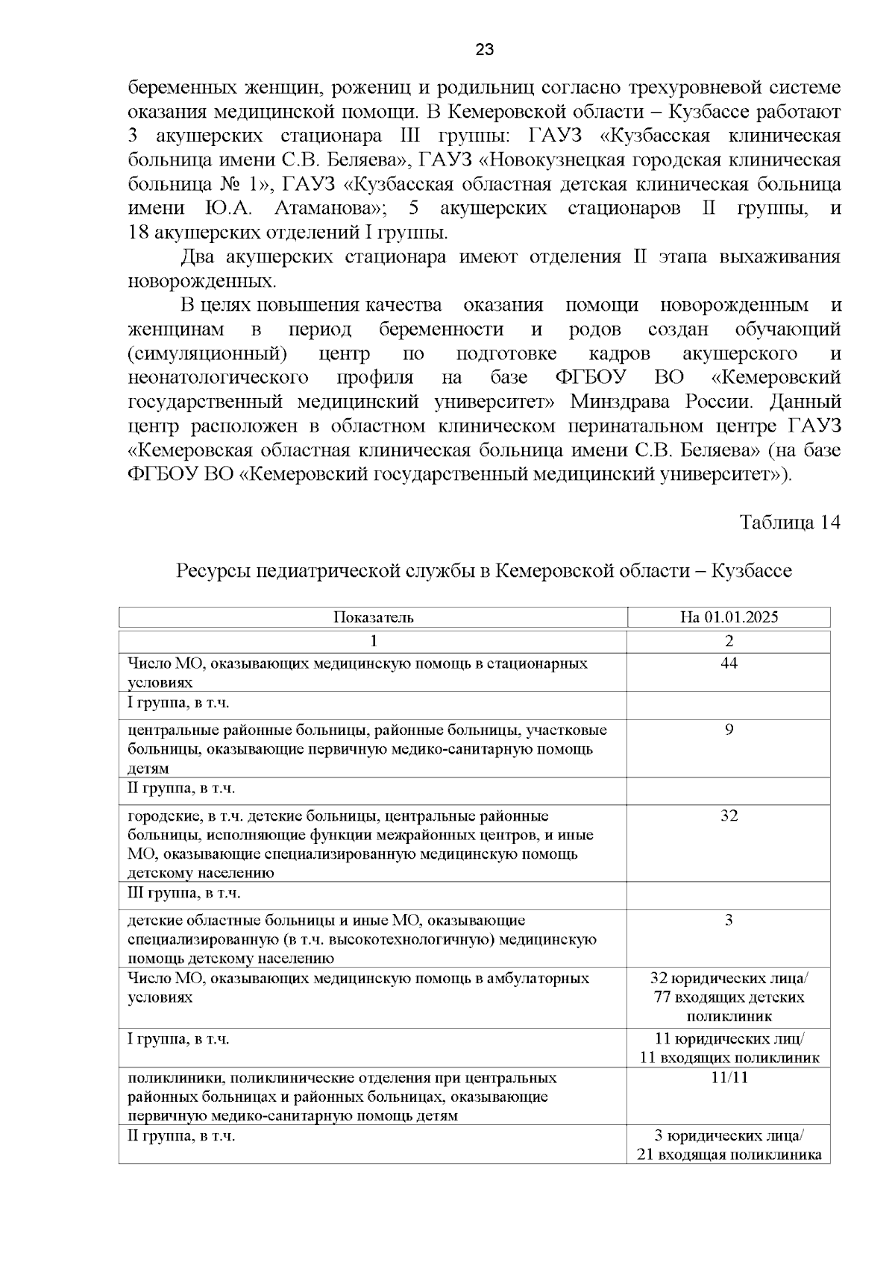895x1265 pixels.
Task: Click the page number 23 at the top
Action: coord(484,50)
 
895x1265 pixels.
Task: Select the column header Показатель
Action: coord(373,617)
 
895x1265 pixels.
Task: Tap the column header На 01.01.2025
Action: coord(729,617)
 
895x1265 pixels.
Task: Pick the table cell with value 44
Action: coord(729,663)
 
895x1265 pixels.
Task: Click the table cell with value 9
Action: coord(729,730)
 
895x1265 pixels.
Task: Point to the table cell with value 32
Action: coord(729,816)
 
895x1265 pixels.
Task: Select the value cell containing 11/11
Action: coord(729,1078)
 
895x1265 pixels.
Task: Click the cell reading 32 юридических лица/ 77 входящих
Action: coord(729,997)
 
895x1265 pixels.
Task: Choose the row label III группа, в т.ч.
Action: coord(184,893)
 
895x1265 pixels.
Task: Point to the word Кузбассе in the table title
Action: coord(752,571)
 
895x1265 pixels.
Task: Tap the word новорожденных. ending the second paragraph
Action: coord(202,282)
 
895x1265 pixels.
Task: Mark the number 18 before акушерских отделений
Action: coord(137,232)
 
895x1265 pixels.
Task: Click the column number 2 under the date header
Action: coord(729,641)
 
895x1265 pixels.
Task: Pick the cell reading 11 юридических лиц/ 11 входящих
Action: coord(729,1048)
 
